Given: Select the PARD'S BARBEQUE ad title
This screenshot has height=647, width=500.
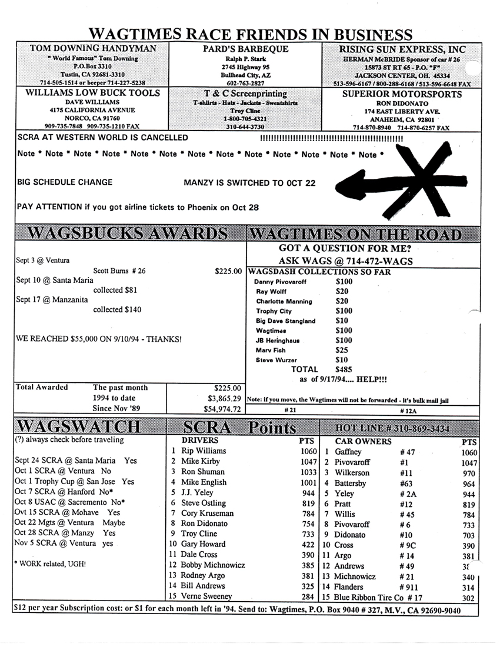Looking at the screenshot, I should (246, 49).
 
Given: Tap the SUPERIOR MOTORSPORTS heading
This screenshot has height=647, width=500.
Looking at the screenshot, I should (402, 94).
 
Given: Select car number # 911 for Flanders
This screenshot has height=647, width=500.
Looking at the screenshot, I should (408, 587).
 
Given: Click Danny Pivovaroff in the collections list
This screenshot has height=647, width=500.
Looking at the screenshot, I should (280, 282).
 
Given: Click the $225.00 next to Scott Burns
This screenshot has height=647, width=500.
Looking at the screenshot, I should (228, 272).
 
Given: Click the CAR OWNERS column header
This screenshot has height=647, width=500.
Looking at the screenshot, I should (363, 440).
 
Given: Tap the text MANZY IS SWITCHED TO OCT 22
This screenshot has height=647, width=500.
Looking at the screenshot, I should (249, 183).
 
